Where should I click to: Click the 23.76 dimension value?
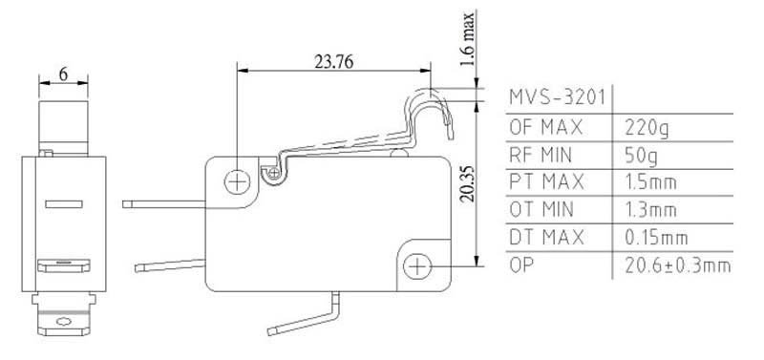(x=333, y=62)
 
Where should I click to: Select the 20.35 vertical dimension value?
(x=466, y=183)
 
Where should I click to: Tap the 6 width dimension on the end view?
(x=63, y=74)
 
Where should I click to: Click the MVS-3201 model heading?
(x=557, y=97)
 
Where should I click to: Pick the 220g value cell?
(x=647, y=129)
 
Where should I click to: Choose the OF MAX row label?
(x=545, y=128)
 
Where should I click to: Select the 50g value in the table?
(x=641, y=157)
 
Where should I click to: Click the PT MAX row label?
(x=546, y=182)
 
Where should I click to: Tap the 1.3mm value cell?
(x=650, y=210)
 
